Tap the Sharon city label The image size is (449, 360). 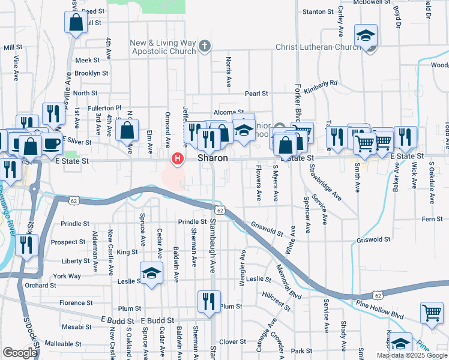(x=213, y=158)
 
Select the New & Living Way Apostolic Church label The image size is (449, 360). (x=164, y=47)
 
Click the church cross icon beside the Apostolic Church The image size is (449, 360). (x=205, y=46)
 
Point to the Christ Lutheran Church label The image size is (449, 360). (x=318, y=47)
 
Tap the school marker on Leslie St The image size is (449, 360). (x=151, y=273)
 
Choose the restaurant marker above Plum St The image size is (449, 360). (x=209, y=301)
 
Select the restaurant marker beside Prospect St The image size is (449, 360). (x=26, y=245)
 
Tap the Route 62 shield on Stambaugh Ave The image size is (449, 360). (x=220, y=211)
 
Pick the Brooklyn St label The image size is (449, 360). (x=92, y=73)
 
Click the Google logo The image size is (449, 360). (x=20, y=353)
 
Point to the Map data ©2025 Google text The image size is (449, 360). (x=412, y=355)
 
